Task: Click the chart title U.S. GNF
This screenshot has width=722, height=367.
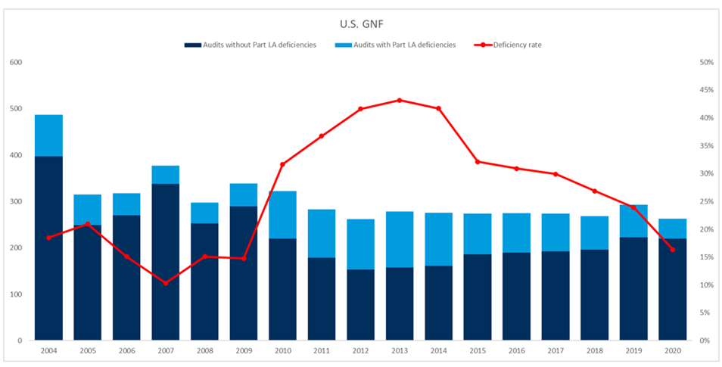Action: [360, 22]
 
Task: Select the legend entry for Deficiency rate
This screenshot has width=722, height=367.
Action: [517, 45]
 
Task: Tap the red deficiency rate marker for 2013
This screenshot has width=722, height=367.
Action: [400, 100]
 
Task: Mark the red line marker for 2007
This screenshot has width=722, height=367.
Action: [165, 283]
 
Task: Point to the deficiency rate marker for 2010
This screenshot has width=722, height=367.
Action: [282, 164]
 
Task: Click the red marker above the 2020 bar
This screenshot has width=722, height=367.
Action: [672, 250]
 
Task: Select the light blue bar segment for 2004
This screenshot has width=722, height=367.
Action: [48, 135]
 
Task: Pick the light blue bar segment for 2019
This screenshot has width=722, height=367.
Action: [633, 221]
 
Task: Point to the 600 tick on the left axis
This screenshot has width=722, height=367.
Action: [16, 62]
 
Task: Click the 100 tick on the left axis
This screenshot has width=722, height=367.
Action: [16, 294]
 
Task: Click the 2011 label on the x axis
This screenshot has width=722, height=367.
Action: [321, 352]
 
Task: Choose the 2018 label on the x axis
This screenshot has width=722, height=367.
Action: [594, 352]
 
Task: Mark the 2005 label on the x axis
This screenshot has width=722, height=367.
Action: [87, 352]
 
